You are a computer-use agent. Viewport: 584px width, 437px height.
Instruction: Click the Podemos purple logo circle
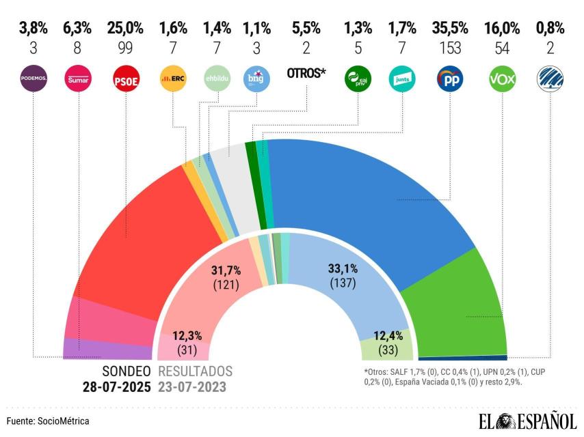[33, 80]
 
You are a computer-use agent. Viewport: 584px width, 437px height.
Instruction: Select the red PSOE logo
[125, 80]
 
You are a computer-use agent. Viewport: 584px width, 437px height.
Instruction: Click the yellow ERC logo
[172, 80]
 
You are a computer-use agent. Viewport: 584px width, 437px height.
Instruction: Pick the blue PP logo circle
[449, 80]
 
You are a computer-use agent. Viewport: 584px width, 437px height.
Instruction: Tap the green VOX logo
[503, 80]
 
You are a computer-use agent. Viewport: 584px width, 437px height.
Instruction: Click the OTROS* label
[306, 74]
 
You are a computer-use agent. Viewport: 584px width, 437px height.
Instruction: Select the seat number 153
[449, 49]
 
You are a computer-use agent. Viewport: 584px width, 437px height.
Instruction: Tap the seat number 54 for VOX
[503, 49]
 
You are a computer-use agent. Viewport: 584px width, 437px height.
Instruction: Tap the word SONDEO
[126, 371]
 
